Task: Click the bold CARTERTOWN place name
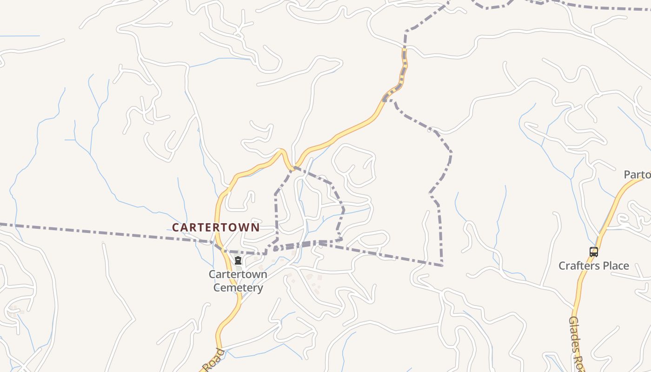point(216,227)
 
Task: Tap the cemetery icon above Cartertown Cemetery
point(238,260)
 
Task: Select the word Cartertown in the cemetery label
point(238,274)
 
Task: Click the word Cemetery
point(238,287)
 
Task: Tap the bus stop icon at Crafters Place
point(594,252)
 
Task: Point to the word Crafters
point(580,266)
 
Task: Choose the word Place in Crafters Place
point(616,266)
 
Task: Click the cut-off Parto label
point(637,175)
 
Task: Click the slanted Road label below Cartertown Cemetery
point(214,360)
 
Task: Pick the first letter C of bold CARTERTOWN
point(176,227)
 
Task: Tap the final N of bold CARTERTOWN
point(255,227)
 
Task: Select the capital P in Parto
point(627,175)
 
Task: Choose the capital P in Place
point(604,266)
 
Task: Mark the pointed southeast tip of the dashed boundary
point(442,266)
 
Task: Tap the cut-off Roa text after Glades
point(580,363)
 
